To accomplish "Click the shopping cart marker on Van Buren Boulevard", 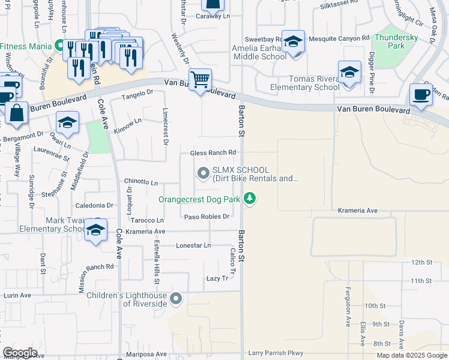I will click(200, 80).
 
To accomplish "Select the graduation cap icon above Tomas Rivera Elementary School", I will click(349, 73).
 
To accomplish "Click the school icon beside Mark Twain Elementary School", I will click(95, 230).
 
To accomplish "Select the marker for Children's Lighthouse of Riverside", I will click(175, 298).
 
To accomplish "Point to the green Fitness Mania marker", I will click(59, 45).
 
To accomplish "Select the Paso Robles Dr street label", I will click(207, 217).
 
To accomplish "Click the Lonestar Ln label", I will click(193, 245).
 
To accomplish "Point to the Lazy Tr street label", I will click(217, 278).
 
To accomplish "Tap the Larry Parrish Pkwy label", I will click(277, 353).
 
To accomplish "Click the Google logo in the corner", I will click(20, 353).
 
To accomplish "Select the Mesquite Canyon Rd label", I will click(339, 38).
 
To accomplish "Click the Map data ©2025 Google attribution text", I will click(411, 355).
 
